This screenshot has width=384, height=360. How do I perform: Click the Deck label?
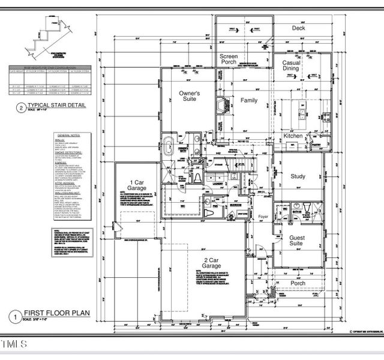pyautogui.click(x=299, y=28)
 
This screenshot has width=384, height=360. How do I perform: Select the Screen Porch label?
pyautogui.click(x=229, y=59)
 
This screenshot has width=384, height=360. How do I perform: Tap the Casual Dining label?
pyautogui.click(x=291, y=65)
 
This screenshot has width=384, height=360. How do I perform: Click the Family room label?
pyautogui.click(x=249, y=100)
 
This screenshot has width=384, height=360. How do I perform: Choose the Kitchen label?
pyautogui.click(x=293, y=137)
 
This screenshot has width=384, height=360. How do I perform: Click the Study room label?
pyautogui.click(x=298, y=176)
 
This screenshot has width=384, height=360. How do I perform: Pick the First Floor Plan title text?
pyautogui.click(x=56, y=313)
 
